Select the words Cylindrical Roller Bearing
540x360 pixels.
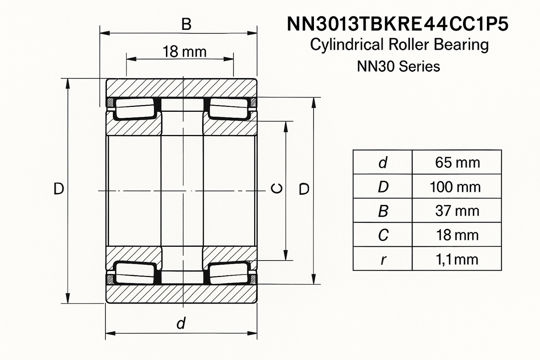tap(399, 45)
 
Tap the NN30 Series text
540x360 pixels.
tap(398, 67)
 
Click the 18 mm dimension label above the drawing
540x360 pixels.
tap(184, 52)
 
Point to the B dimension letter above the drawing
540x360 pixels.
tap(186, 25)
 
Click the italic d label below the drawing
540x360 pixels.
tap(181, 323)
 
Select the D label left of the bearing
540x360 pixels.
tap(59, 189)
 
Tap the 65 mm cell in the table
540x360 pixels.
tap(457, 163)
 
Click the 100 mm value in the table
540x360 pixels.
tap(455, 187)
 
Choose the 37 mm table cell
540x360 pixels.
tap(457, 211)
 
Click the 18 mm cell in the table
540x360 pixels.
tap(457, 235)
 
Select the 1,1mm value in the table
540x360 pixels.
tap(457, 259)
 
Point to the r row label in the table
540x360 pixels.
tap(383, 259)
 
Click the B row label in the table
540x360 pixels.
tap(383, 211)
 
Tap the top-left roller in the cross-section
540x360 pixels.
tap(135, 109)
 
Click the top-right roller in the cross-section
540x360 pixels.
tap(229, 109)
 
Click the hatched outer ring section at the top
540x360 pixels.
tap(182, 88)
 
